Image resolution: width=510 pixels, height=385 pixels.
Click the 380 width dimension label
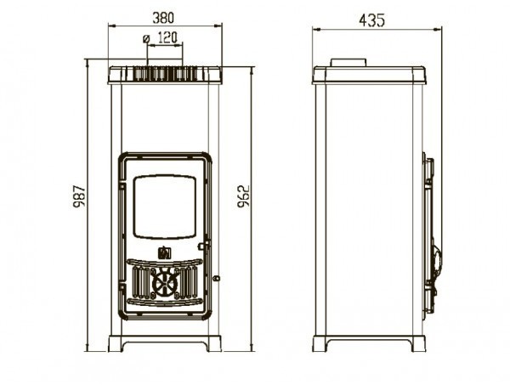click(163, 18)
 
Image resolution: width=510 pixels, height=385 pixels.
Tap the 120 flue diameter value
click(167, 37)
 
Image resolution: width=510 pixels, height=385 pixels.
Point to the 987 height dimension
click(79, 196)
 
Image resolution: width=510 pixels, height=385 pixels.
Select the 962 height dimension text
click(243, 196)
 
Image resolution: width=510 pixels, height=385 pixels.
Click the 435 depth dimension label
click(371, 20)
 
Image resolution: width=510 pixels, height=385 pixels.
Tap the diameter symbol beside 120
click(146, 39)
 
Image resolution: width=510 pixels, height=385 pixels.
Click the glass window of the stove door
click(165, 207)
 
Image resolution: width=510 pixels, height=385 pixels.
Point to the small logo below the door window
click(165, 252)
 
